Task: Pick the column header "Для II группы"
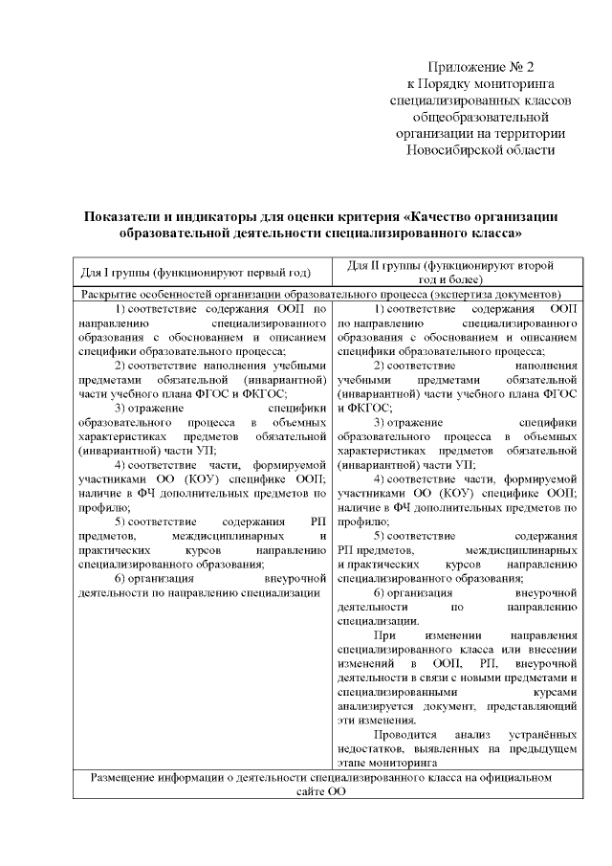click(x=393, y=265)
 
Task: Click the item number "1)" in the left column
click(x=122, y=309)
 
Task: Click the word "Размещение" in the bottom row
click(x=125, y=778)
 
